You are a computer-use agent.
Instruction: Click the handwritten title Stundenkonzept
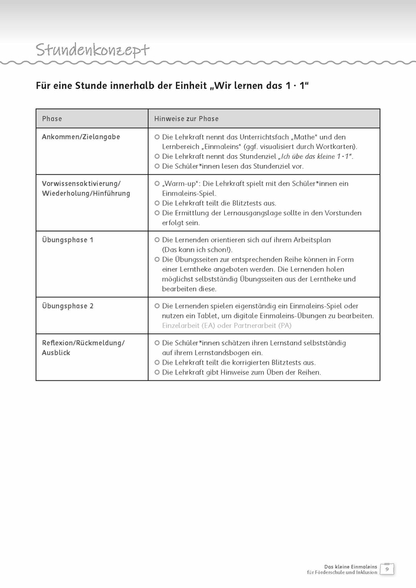pos(92,51)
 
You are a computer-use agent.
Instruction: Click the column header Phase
pos(52,119)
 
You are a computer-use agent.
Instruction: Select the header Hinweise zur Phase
pos(186,119)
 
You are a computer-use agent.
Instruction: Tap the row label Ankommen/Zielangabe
pos(81,137)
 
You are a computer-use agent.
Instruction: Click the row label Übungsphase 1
pos(67,240)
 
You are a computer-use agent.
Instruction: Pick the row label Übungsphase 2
pos(67,306)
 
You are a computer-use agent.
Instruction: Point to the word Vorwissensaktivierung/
pos(81,183)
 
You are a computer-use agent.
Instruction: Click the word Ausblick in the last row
pos(56,353)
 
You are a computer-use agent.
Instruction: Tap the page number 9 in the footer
pos(387,569)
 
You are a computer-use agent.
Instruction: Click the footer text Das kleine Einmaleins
pos(351,566)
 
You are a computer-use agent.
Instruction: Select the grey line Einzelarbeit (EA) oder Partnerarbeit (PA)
pos(227,326)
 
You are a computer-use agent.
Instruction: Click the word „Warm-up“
pos(178,183)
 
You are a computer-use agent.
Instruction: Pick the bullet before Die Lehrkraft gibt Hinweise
pos(157,372)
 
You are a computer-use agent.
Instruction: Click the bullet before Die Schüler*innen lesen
pos(157,166)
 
